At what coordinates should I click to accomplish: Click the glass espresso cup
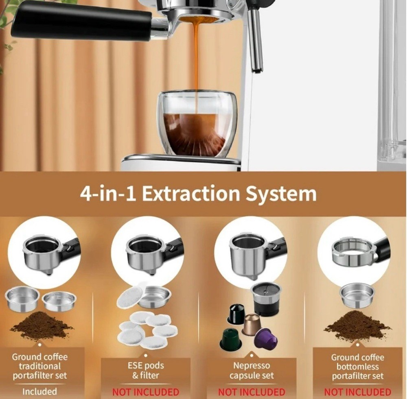point(197,124)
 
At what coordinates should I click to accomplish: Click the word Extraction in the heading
point(191,193)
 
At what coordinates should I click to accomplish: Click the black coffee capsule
point(236,314)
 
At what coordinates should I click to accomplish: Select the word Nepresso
point(252,366)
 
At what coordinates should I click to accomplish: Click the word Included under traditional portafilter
point(39,391)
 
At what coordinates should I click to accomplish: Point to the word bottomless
point(357,366)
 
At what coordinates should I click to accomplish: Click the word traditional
point(40,366)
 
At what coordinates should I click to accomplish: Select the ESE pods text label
point(146,370)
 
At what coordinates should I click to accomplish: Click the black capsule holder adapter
point(266,299)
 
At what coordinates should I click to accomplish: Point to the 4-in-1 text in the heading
point(108,193)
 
